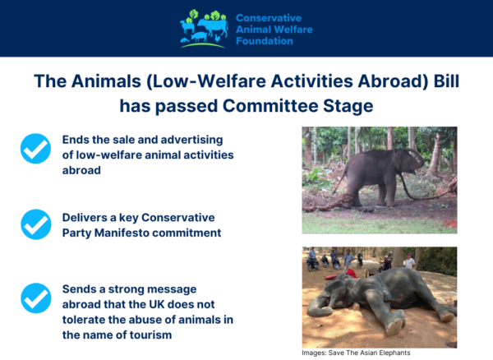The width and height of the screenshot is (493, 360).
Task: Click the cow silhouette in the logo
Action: (x=213, y=26)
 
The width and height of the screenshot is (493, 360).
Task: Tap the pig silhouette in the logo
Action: (x=199, y=36)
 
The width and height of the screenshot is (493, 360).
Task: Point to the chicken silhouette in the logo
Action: (x=218, y=39)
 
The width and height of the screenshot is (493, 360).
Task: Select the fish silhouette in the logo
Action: (x=185, y=40)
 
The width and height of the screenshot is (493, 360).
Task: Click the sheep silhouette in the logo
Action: (x=187, y=26)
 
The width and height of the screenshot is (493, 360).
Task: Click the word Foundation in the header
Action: (x=265, y=41)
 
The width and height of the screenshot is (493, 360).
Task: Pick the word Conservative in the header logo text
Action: (x=269, y=18)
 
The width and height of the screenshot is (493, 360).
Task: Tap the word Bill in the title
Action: (x=446, y=81)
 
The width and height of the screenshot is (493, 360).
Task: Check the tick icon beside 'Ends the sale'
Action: (x=35, y=149)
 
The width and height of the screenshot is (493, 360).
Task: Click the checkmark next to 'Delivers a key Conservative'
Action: (x=36, y=224)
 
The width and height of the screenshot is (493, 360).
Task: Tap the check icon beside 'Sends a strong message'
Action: (x=36, y=298)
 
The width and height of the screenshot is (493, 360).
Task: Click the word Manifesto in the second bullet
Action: (x=122, y=233)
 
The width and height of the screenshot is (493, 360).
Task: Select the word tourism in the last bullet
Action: (x=150, y=335)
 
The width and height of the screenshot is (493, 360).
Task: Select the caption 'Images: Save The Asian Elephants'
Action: (x=356, y=353)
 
